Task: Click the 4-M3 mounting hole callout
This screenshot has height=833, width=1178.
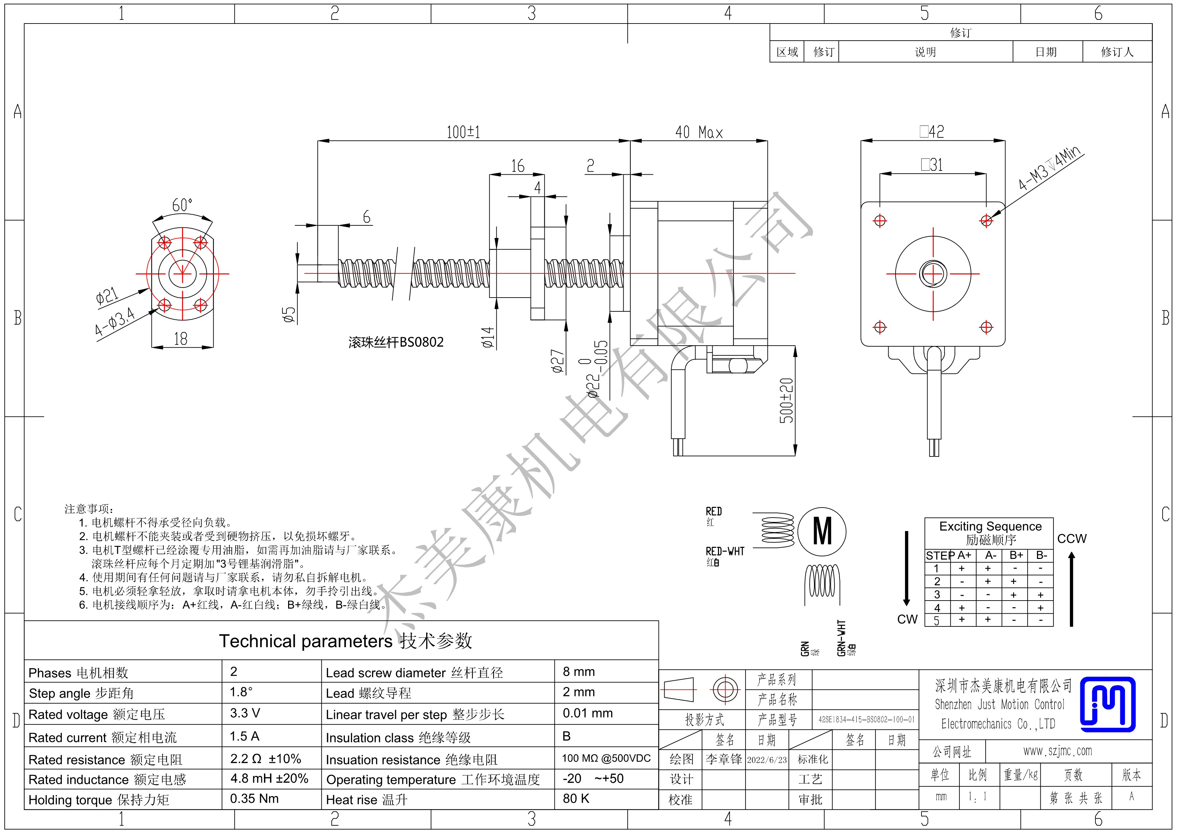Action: [x=1050, y=167]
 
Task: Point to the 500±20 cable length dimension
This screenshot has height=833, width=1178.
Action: [x=786, y=400]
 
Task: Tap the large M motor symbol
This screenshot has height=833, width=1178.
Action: [x=822, y=531]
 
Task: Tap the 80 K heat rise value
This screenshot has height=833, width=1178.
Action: [x=576, y=799]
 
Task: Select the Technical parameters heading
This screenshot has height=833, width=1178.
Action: [x=345, y=641]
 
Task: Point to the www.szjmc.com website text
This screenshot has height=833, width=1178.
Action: [x=1057, y=751]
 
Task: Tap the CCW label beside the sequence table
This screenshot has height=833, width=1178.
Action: [x=1072, y=539]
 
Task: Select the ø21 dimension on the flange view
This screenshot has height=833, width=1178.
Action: [x=107, y=297]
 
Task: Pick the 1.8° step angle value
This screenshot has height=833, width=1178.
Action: [x=241, y=692]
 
